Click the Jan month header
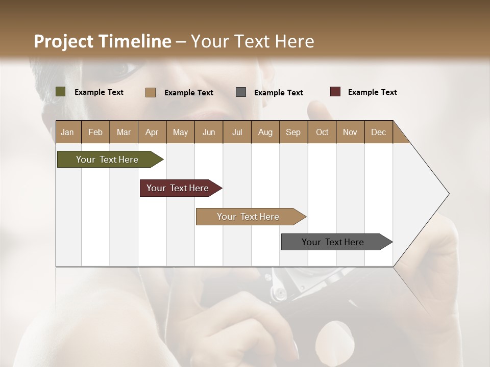click(x=67, y=132)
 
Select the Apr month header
click(x=152, y=132)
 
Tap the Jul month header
click(x=237, y=132)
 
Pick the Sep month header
click(x=293, y=132)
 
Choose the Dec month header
click(x=378, y=132)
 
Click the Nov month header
click(x=350, y=132)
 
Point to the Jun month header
click(x=208, y=132)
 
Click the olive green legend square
click(x=60, y=92)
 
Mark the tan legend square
click(x=151, y=92)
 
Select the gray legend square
click(x=241, y=92)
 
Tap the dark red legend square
click(x=335, y=92)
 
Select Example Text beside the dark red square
click(x=372, y=92)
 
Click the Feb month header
click(x=95, y=132)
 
